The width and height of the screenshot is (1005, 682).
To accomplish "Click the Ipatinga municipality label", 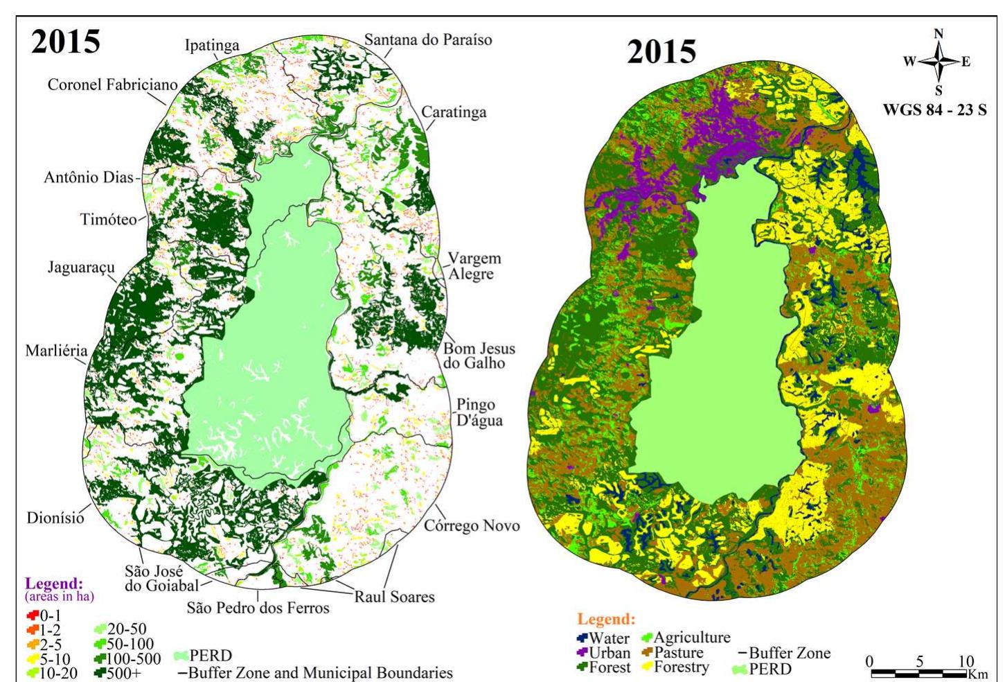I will click(212, 46).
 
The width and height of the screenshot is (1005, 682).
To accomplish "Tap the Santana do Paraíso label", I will click(428, 40).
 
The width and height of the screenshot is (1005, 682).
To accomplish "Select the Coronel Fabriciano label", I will click(112, 85).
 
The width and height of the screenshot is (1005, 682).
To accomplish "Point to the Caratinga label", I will click(454, 112).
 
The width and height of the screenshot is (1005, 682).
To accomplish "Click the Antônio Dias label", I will click(88, 177).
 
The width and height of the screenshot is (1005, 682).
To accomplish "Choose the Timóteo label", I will click(108, 220).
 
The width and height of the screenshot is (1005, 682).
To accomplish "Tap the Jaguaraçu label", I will click(81, 267).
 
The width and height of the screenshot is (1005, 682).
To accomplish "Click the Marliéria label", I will click(56, 350).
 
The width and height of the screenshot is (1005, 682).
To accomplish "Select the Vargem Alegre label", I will click(474, 266).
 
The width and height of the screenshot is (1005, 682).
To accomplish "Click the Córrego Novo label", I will click(472, 525).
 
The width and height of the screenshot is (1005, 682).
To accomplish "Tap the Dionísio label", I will click(55, 518).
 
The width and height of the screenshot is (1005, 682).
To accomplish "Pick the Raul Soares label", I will click(394, 596).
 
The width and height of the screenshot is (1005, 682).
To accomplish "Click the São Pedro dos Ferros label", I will click(258, 608).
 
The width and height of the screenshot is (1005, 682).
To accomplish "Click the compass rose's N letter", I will click(939, 33).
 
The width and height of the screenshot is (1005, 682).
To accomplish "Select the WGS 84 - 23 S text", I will click(934, 110).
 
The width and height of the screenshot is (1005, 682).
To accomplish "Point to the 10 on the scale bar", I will click(966, 661).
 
